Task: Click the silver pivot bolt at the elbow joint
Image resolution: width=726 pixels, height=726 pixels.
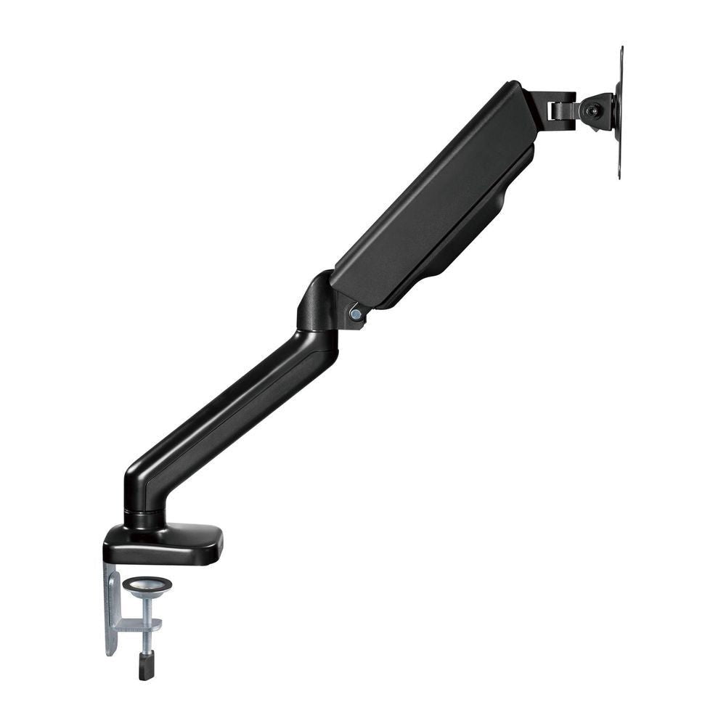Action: (x=356, y=314)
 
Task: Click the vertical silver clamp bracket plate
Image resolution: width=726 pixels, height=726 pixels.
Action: (x=113, y=610)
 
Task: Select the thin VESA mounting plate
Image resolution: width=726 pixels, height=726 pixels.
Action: (x=619, y=113)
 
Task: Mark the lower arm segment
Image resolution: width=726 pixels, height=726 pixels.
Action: (x=232, y=407)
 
